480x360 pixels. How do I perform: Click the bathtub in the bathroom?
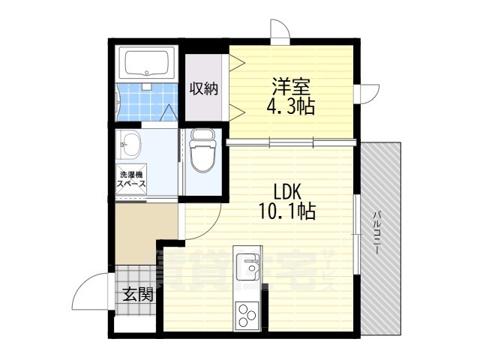point(147,64)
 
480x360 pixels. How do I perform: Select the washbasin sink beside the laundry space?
point(129,144)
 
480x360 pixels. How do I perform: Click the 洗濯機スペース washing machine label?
point(131,179)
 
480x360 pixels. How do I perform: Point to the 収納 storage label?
point(203,88)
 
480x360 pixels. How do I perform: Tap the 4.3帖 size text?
point(291,106)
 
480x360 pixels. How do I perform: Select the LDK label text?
point(288,192)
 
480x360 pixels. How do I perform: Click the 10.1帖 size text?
point(287,211)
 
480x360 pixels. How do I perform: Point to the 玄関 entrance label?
point(137,295)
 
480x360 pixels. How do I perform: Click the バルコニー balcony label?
point(376,232)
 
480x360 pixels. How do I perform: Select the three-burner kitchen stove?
point(247,315)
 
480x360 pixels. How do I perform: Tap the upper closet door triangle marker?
point(237,63)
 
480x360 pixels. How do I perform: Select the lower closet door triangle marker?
point(237,112)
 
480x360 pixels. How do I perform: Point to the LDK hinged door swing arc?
point(211,228)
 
